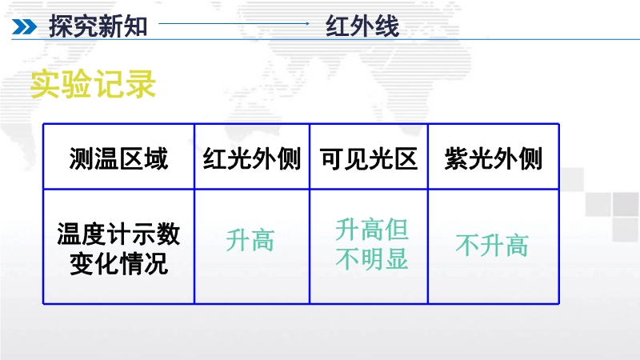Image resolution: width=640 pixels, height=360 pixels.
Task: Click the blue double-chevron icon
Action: click(24, 27)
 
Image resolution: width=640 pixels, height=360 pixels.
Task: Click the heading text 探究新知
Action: click(98, 26)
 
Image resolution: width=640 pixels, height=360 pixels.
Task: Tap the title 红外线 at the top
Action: click(362, 26)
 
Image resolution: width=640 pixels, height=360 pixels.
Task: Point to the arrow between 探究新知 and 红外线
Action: click(234, 24)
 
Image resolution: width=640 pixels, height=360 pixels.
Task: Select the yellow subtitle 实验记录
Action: click(93, 84)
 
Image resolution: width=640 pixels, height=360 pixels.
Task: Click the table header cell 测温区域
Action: click(118, 158)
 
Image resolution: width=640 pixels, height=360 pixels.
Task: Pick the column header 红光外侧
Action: click(252, 158)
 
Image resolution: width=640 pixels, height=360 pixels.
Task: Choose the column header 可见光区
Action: click(369, 158)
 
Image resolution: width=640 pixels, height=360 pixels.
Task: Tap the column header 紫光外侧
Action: click(493, 158)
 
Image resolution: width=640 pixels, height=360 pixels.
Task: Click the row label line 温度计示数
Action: click(118, 234)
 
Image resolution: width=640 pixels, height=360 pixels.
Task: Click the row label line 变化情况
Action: click(118, 264)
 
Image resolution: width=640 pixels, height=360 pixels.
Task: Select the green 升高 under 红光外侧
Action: click(250, 240)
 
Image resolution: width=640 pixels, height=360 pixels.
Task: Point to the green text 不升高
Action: click(492, 245)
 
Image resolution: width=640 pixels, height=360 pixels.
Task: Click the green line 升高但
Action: click(372, 230)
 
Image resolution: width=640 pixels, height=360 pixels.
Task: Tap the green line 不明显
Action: click(372, 258)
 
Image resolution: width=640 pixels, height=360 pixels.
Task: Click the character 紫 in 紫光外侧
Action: click(456, 158)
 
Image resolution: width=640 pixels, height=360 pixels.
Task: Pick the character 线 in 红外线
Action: click(387, 26)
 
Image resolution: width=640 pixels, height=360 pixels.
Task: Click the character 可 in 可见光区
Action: click(332, 158)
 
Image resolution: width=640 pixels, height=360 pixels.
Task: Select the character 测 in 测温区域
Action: click(82, 158)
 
